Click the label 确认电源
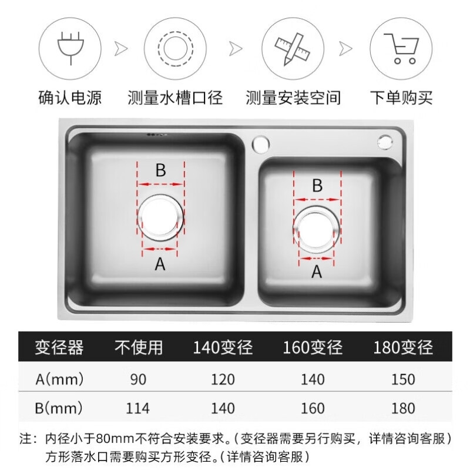(69, 98)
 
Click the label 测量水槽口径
(175, 98)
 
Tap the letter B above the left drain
(160, 170)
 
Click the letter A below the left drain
(160, 265)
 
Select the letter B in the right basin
(317, 186)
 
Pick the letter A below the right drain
(317, 272)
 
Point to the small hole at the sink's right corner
(386, 142)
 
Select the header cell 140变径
(223, 347)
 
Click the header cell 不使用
(137, 347)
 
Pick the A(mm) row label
(59, 379)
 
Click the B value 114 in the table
(137, 408)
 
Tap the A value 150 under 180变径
(402, 379)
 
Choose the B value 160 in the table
(312, 408)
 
